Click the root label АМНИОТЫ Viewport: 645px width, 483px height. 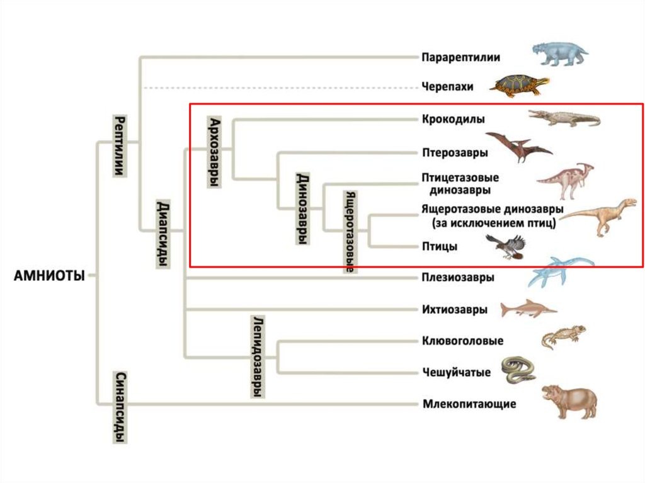tap(49, 275)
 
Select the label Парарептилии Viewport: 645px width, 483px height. tap(460, 57)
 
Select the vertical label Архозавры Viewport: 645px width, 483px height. tap(215, 152)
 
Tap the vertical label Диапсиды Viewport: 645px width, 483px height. tap(162, 234)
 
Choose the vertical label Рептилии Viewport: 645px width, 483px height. tap(119, 145)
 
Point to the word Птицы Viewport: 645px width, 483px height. tap(440, 247)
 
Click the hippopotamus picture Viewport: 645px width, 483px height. tap(569, 401)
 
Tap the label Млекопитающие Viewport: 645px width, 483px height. tap(469, 404)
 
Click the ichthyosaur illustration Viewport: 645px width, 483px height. tap(528, 309)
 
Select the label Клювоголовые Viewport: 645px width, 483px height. tap(462, 341)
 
